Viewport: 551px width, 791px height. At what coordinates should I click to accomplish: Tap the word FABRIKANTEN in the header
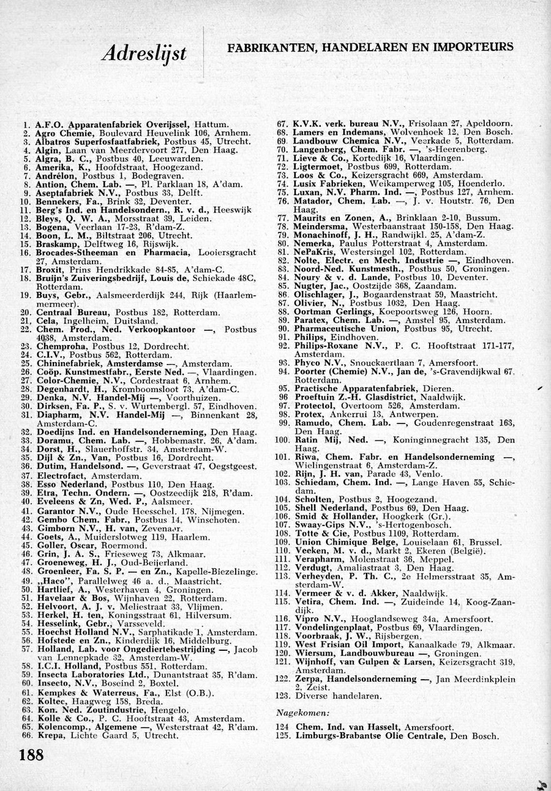pos(266,46)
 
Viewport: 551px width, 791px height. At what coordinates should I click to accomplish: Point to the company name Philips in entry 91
pos(309,336)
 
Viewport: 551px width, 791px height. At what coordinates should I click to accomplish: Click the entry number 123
pos(282,696)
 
